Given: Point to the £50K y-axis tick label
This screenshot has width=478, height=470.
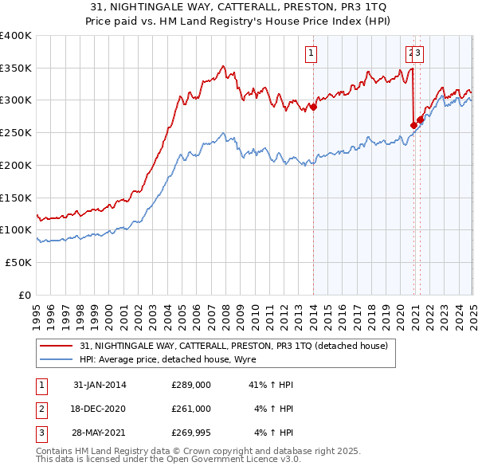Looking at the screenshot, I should [x=18, y=262].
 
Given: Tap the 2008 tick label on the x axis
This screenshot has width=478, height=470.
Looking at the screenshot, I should [x=226, y=309].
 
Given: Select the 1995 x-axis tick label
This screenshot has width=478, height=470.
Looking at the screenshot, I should [x=37, y=309].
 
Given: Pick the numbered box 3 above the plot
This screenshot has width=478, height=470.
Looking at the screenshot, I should [x=418, y=54].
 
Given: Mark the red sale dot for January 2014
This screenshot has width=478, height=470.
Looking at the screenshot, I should [x=313, y=108].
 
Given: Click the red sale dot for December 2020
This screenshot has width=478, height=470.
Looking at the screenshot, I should [x=413, y=125].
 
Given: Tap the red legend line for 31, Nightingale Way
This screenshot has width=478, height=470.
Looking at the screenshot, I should [x=57, y=346].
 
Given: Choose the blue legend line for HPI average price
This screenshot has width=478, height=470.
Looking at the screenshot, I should [x=57, y=359].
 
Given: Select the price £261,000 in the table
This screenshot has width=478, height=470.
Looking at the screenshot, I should [x=191, y=409].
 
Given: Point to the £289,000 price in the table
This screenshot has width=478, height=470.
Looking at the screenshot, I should [x=191, y=385].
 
